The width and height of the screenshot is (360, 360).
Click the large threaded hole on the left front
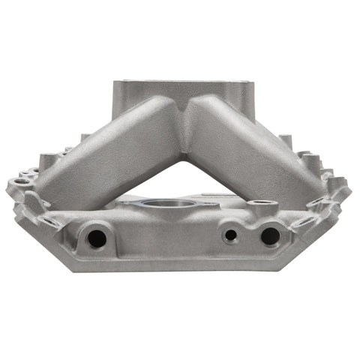(95, 238)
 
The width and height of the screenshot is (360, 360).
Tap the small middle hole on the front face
(231, 235)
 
